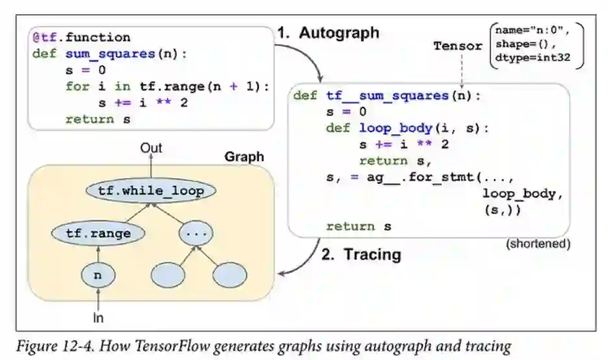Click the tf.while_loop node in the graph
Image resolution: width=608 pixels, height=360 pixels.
[x=151, y=191]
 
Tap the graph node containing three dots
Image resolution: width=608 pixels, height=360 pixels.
[x=196, y=233]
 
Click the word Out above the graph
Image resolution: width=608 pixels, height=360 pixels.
[x=151, y=149]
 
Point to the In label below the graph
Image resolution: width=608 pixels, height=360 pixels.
[x=97, y=318]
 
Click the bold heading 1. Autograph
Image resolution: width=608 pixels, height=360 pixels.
[x=328, y=33]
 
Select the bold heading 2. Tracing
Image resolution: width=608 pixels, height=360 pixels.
[x=361, y=254]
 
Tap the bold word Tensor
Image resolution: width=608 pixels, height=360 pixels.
[x=458, y=45]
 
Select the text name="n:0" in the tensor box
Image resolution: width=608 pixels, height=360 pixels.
[x=524, y=31]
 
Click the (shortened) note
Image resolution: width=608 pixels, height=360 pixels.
[x=537, y=244]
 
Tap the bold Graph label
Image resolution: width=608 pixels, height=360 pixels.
[x=244, y=157]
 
